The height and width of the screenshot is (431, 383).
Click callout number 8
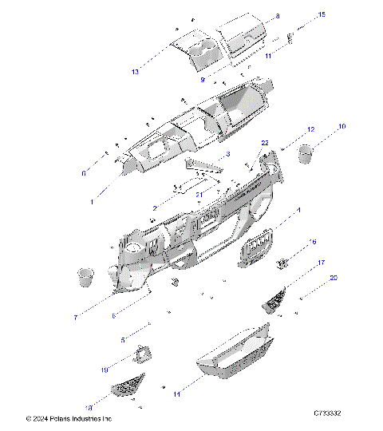coord(278,16)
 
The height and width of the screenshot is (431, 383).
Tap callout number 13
coord(136,72)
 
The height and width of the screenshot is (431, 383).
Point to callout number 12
coord(311,129)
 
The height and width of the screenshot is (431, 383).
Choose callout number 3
coord(228,153)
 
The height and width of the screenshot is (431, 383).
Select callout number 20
coord(334,278)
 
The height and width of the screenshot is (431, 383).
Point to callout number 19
coord(104,370)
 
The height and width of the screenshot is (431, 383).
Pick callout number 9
coord(203,80)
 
